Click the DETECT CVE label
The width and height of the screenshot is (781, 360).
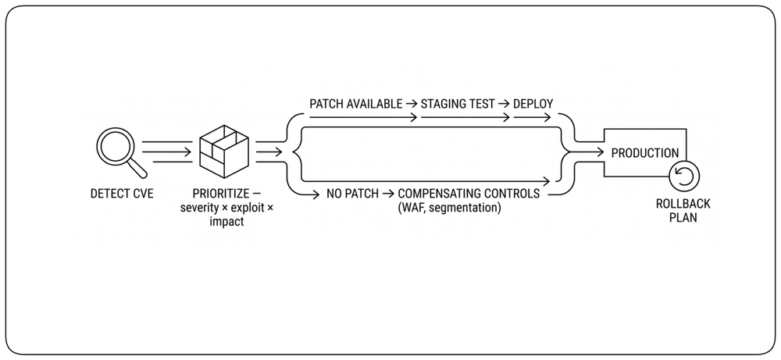point(122,194)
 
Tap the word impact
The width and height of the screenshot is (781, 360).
point(226,222)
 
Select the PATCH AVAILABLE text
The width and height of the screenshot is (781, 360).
point(355,104)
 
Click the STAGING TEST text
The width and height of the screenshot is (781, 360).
point(458,104)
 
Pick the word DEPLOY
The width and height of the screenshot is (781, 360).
point(533,104)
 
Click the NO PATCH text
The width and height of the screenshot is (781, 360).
point(353,194)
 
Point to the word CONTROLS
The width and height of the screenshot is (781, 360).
point(514,194)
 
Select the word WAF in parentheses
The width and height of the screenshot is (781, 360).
point(412,208)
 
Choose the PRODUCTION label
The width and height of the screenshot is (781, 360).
point(645,153)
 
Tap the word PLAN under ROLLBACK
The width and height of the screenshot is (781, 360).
point(683,218)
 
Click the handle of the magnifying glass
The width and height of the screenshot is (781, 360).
point(138,169)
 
